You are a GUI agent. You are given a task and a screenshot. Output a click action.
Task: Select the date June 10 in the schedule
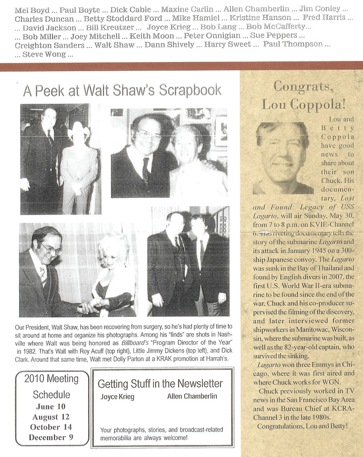click(x=51, y=407)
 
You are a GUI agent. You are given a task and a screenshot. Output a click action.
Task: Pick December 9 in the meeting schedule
click(x=51, y=437)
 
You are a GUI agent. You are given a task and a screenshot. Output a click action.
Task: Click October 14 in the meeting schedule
click(x=51, y=427)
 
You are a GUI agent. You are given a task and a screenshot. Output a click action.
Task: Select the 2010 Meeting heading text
click(x=51, y=379)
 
